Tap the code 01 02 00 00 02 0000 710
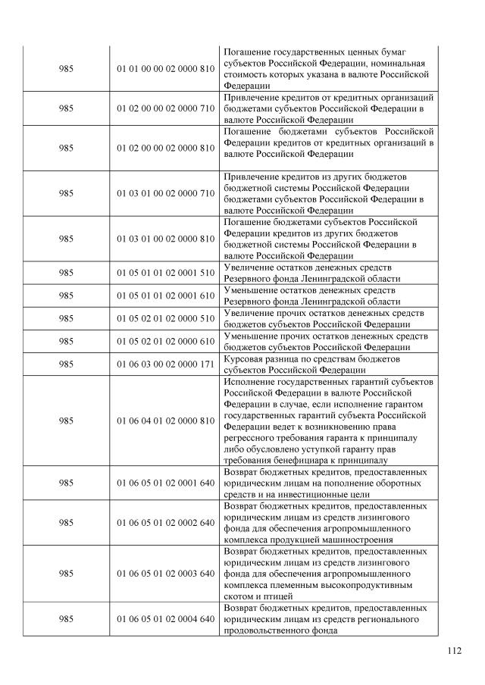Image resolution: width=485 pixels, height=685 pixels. [165, 108]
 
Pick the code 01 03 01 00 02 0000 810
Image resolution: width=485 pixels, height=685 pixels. [165, 239]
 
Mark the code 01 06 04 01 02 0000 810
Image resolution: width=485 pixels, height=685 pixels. [165, 420]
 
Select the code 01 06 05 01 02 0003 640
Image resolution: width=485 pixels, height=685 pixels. [165, 574]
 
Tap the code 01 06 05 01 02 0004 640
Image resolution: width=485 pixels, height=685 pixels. [165, 619]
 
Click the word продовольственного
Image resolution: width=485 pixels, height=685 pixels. [274, 630]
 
